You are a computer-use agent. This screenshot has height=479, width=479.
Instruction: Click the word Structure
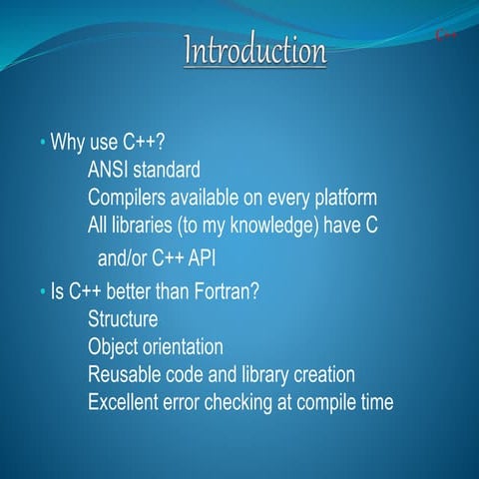click(123, 320)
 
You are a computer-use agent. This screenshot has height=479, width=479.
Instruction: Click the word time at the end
click(374, 402)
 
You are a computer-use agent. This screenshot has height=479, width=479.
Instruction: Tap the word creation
click(321, 375)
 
